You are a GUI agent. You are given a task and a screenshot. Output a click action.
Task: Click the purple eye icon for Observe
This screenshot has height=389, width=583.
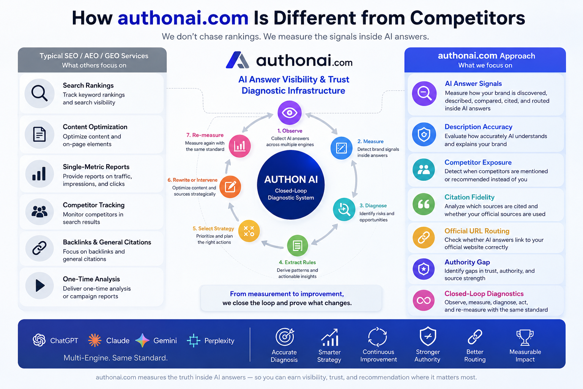tap(290, 112)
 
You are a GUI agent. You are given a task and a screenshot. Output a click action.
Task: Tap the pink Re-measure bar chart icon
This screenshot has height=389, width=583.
tap(240, 146)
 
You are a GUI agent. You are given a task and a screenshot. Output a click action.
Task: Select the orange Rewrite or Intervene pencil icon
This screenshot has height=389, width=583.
tap(230, 187)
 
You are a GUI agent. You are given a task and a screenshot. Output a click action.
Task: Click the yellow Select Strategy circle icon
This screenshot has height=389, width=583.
tap(249, 231)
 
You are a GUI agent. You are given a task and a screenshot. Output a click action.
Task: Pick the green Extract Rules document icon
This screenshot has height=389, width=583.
tap(298, 245)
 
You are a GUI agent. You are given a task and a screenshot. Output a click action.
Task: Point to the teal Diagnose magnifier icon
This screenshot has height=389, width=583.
tap(344, 209)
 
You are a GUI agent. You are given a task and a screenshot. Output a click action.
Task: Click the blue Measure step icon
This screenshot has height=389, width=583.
tap(341, 148)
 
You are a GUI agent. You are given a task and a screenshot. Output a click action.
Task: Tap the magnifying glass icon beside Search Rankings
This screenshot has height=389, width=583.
tap(39, 93)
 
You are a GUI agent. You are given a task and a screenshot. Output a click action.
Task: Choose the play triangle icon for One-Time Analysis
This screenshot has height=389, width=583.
tap(40, 286)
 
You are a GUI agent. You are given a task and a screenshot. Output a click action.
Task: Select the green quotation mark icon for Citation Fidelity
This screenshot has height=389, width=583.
tap(424, 204)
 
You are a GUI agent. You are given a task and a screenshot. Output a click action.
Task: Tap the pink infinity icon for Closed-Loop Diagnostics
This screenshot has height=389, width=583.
tap(424, 300)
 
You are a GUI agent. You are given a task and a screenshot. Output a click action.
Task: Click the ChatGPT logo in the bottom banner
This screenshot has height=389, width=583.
tap(39, 340)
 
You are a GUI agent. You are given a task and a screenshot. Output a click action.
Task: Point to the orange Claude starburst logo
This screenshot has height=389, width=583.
tap(95, 340)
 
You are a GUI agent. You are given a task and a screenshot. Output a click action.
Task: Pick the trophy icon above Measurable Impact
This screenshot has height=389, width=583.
tap(525, 337)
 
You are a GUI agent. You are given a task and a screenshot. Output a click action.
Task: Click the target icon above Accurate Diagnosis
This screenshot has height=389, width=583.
tap(285, 337)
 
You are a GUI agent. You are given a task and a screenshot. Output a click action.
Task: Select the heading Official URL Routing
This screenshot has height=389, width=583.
tap(477, 231)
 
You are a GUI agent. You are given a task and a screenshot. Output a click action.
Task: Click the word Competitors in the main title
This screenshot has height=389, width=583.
tap(468, 18)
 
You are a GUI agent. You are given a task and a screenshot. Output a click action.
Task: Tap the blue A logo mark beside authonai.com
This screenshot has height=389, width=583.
tap(237, 60)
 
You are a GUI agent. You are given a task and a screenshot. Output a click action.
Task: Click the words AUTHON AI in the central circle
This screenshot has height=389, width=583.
tap(291, 180)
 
